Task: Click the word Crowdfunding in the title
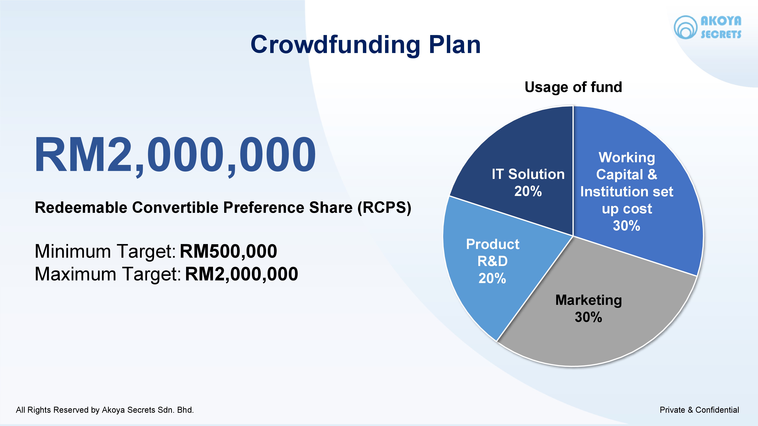point(335,45)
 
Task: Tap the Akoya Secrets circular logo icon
point(685,27)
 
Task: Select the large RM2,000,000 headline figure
point(175,155)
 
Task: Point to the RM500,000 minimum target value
point(228,251)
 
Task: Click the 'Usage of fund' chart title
point(573,87)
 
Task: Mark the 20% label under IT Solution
point(528,191)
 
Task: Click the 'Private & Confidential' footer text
point(699,410)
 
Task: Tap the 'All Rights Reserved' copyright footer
point(105,410)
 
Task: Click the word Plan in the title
point(455,45)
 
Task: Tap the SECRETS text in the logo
point(721,34)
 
